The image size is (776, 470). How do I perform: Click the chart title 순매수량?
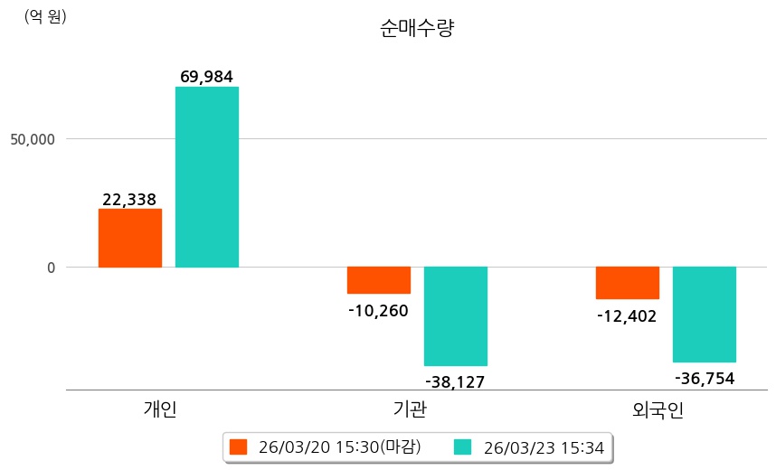(417, 29)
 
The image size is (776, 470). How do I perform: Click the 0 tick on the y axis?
(52, 268)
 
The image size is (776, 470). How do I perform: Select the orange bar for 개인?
(130, 238)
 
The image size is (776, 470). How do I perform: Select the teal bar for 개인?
(207, 177)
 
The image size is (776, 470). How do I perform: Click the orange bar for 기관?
(379, 280)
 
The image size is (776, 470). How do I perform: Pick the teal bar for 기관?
(456, 316)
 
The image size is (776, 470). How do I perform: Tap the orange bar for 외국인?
(628, 283)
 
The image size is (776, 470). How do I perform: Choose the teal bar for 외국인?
(705, 315)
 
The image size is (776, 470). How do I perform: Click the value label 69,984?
(207, 77)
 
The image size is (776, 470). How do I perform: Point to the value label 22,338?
(129, 199)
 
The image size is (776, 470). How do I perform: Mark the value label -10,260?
(378, 311)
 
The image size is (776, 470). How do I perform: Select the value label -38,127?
(455, 381)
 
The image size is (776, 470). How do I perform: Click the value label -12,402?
(627, 316)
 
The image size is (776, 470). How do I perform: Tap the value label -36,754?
(705, 378)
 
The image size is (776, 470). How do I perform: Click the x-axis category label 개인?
(160, 409)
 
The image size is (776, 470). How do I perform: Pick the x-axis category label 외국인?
(658, 410)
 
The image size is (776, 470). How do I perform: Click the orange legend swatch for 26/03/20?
(238, 446)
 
